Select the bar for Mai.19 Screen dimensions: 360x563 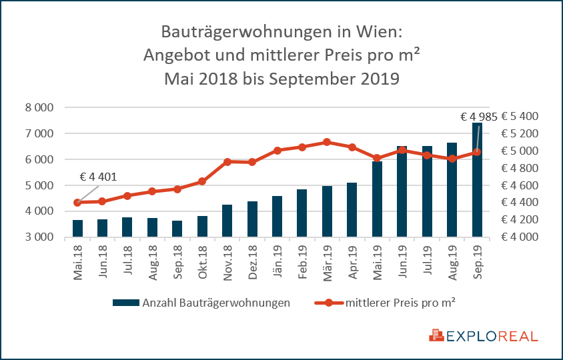pos(378,200)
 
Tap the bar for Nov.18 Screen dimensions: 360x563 pos(227,221)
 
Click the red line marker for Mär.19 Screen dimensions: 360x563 pos(327,142)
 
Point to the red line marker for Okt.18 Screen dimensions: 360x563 pos(202,181)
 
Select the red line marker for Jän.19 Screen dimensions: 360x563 pos(277,151)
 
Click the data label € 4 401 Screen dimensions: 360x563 pos(99,177)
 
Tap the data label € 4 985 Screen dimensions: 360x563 pos(479,117)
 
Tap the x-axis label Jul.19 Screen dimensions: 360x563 pos(428,262)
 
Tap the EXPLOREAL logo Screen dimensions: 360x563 pos(484,335)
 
